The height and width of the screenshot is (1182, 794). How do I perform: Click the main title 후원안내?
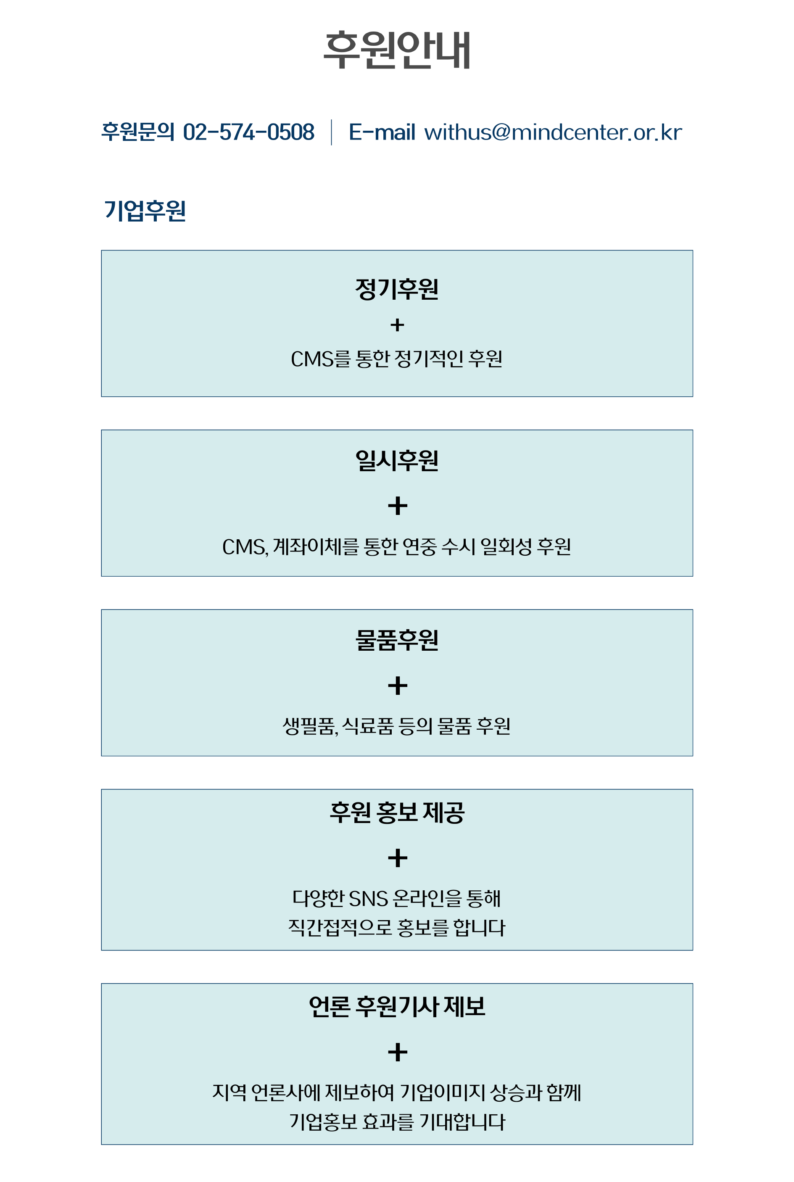click(397, 50)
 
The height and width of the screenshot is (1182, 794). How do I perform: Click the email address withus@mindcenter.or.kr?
click(553, 132)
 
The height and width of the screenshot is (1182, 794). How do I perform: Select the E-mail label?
click(382, 132)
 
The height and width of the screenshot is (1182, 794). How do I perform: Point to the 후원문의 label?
click(138, 132)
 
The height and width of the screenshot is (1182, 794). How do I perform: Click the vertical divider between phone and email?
click(332, 132)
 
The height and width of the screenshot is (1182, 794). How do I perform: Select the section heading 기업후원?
click(145, 211)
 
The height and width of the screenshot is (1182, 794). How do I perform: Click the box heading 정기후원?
click(397, 289)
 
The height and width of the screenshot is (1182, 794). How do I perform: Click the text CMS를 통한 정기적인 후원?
click(397, 359)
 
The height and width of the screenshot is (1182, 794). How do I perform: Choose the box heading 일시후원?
click(397, 461)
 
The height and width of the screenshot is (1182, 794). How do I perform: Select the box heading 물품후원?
click(397, 640)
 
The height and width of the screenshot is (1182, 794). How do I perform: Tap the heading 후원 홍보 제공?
click(397, 813)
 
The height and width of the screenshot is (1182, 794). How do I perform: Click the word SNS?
click(368, 898)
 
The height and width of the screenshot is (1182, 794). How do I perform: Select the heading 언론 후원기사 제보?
click(397, 1006)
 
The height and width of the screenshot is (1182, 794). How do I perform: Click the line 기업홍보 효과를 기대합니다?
click(397, 1122)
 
